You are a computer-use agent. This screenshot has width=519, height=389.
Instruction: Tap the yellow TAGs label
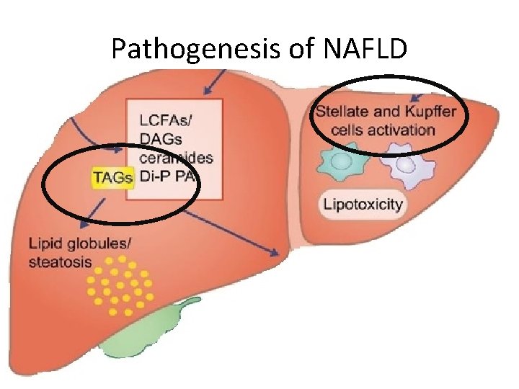113,177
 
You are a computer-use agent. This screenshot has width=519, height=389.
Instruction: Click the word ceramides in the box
174,158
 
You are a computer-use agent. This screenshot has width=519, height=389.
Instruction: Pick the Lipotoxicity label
362,204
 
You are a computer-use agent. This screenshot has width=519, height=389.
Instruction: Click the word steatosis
61,261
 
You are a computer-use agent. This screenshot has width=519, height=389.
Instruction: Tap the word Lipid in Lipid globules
44,243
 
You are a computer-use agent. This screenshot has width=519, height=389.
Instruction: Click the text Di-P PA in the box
167,177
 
